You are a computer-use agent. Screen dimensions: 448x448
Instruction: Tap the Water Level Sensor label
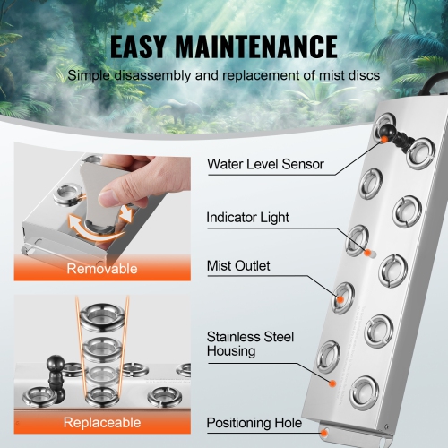point(265,164)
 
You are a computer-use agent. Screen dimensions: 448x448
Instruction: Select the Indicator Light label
point(248,217)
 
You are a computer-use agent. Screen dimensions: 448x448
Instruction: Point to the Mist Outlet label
point(238,265)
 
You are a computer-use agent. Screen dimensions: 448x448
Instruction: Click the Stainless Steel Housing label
point(251,344)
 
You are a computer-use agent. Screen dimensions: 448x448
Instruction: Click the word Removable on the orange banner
point(102,267)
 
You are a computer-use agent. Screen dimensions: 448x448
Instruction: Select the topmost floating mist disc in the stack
point(103,314)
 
